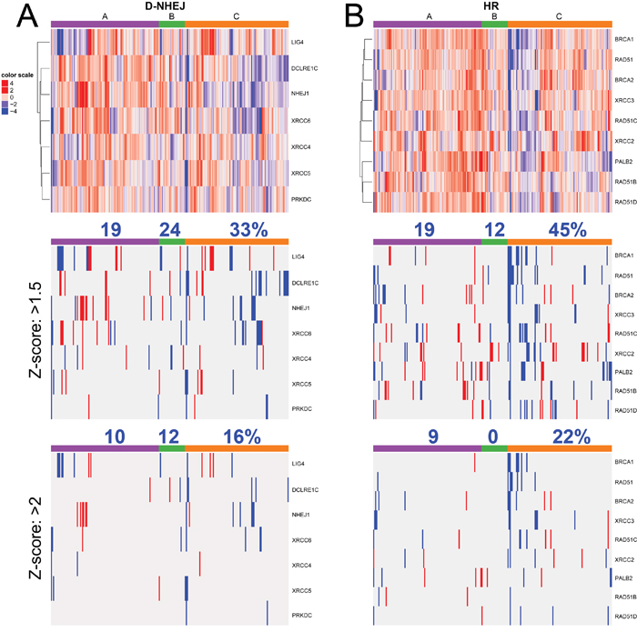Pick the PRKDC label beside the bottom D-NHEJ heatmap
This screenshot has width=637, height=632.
pos(301,615)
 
